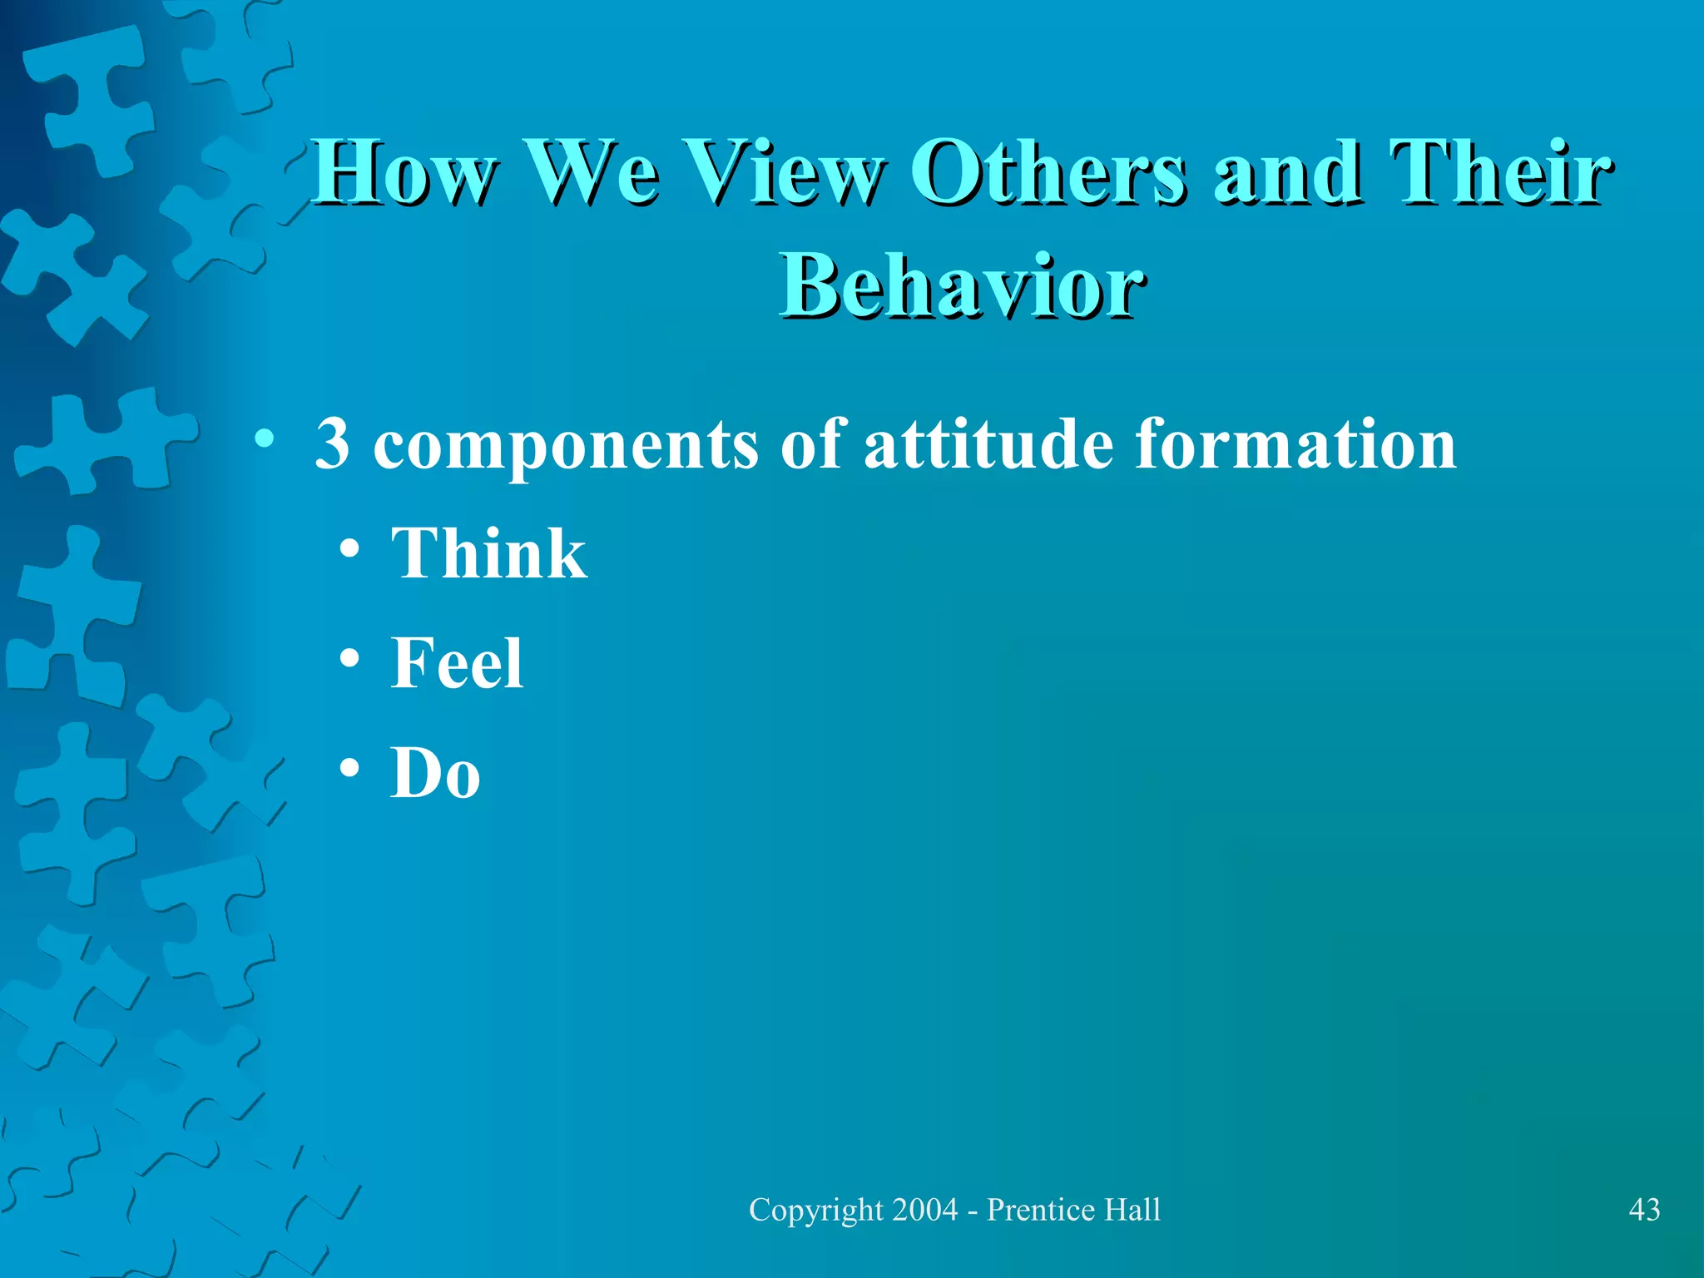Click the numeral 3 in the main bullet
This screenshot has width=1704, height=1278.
coord(332,443)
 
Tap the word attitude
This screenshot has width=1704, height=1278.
coord(988,443)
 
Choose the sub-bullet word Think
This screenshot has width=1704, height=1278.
coord(488,553)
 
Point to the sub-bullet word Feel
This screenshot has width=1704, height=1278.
coord(457,663)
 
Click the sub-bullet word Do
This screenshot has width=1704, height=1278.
coord(435,773)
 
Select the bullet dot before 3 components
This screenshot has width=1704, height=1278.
coord(265,439)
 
